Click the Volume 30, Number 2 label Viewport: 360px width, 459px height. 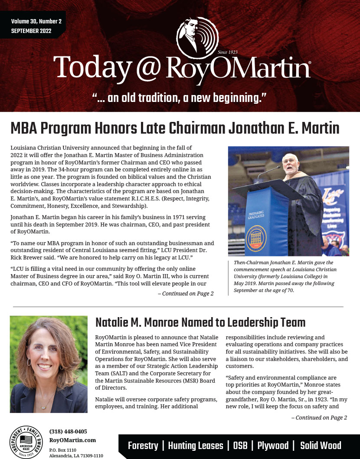point(36,21)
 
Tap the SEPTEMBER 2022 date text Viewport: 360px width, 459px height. point(31,31)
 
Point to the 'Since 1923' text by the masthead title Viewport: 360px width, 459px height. point(228,52)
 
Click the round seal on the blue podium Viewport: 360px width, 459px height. point(256,236)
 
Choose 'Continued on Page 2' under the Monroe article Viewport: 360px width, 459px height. point(319,418)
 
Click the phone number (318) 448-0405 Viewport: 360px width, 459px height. point(68,432)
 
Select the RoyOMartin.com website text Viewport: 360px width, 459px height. point(72,440)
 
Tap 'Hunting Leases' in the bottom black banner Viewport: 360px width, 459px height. point(196,446)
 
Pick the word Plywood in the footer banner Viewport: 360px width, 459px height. point(273,446)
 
